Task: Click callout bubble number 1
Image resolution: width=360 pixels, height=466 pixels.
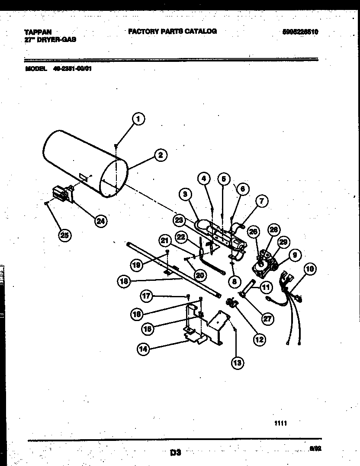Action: pos(138,119)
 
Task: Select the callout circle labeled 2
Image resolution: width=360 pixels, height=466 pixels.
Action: pos(160,155)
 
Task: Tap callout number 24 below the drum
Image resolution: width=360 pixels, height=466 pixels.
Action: pos(100,221)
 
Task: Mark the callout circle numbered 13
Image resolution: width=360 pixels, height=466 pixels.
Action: pos(237,363)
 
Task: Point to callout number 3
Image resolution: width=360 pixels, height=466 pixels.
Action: pos(185,195)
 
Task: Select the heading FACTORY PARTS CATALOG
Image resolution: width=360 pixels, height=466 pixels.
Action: pos(172,31)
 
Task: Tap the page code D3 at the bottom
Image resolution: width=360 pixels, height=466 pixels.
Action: pos(175,453)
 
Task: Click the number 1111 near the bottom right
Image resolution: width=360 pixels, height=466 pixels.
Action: pos(280,424)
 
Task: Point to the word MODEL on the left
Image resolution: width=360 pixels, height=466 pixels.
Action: pos(36,68)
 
